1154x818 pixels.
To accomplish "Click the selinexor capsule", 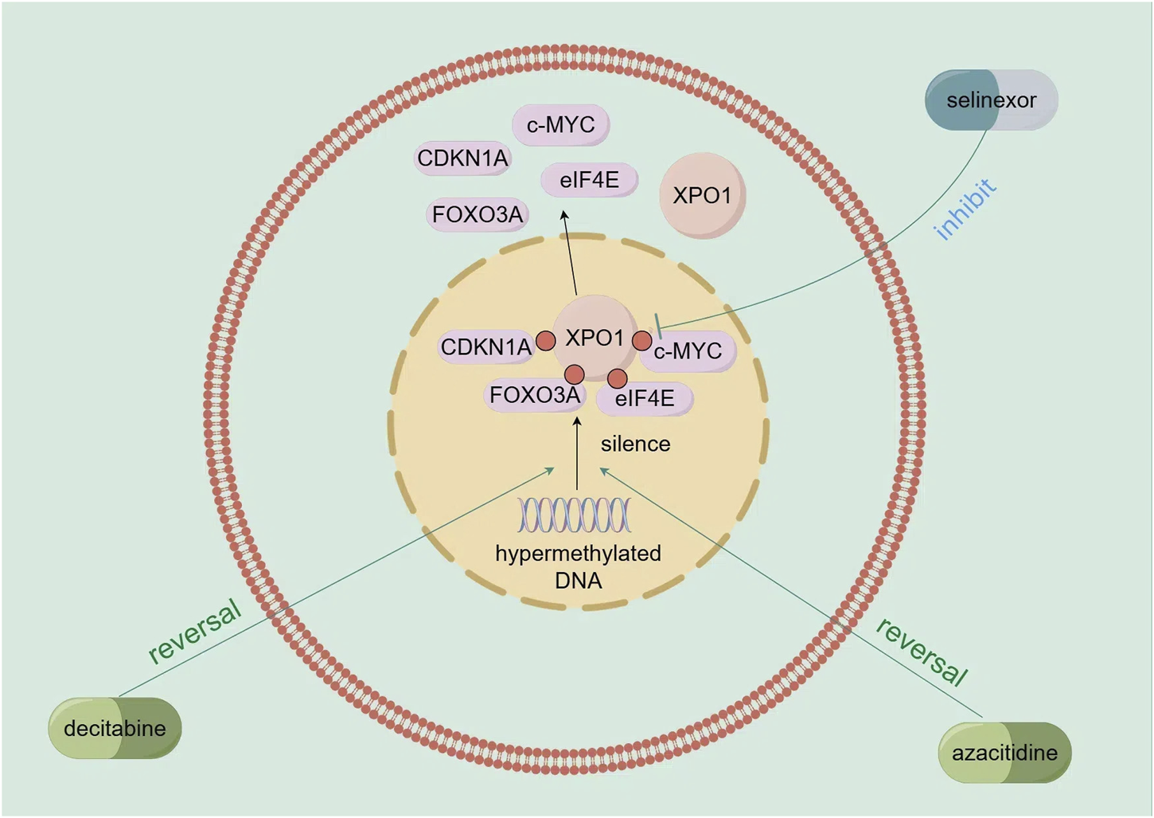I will (x=991, y=100).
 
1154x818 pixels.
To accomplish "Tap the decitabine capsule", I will (x=115, y=728).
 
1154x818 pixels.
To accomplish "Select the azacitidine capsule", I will (x=1004, y=753).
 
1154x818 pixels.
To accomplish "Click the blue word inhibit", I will (x=964, y=209).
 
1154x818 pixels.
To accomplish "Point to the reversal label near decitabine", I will (x=195, y=631).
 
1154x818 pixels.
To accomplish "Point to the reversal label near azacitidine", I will (x=922, y=652).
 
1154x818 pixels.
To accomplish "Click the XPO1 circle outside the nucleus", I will (x=701, y=196).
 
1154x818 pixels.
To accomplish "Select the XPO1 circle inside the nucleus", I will (x=595, y=338).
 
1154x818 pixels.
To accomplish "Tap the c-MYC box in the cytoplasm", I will (x=561, y=125).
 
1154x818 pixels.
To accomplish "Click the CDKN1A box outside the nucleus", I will (x=462, y=159).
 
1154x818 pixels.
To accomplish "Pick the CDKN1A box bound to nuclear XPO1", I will (x=485, y=347).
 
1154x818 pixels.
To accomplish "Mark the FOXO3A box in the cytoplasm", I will (x=478, y=214).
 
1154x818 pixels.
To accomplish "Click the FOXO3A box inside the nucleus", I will (x=534, y=395).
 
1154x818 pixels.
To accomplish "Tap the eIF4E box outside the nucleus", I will (x=589, y=180).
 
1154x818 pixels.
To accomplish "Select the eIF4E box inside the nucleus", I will (x=645, y=398).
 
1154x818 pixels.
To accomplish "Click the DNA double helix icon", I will (x=575, y=515).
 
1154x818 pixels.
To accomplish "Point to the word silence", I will (x=635, y=444).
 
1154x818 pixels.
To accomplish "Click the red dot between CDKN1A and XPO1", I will (x=545, y=341).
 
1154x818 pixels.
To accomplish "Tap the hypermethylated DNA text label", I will (x=579, y=566).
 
